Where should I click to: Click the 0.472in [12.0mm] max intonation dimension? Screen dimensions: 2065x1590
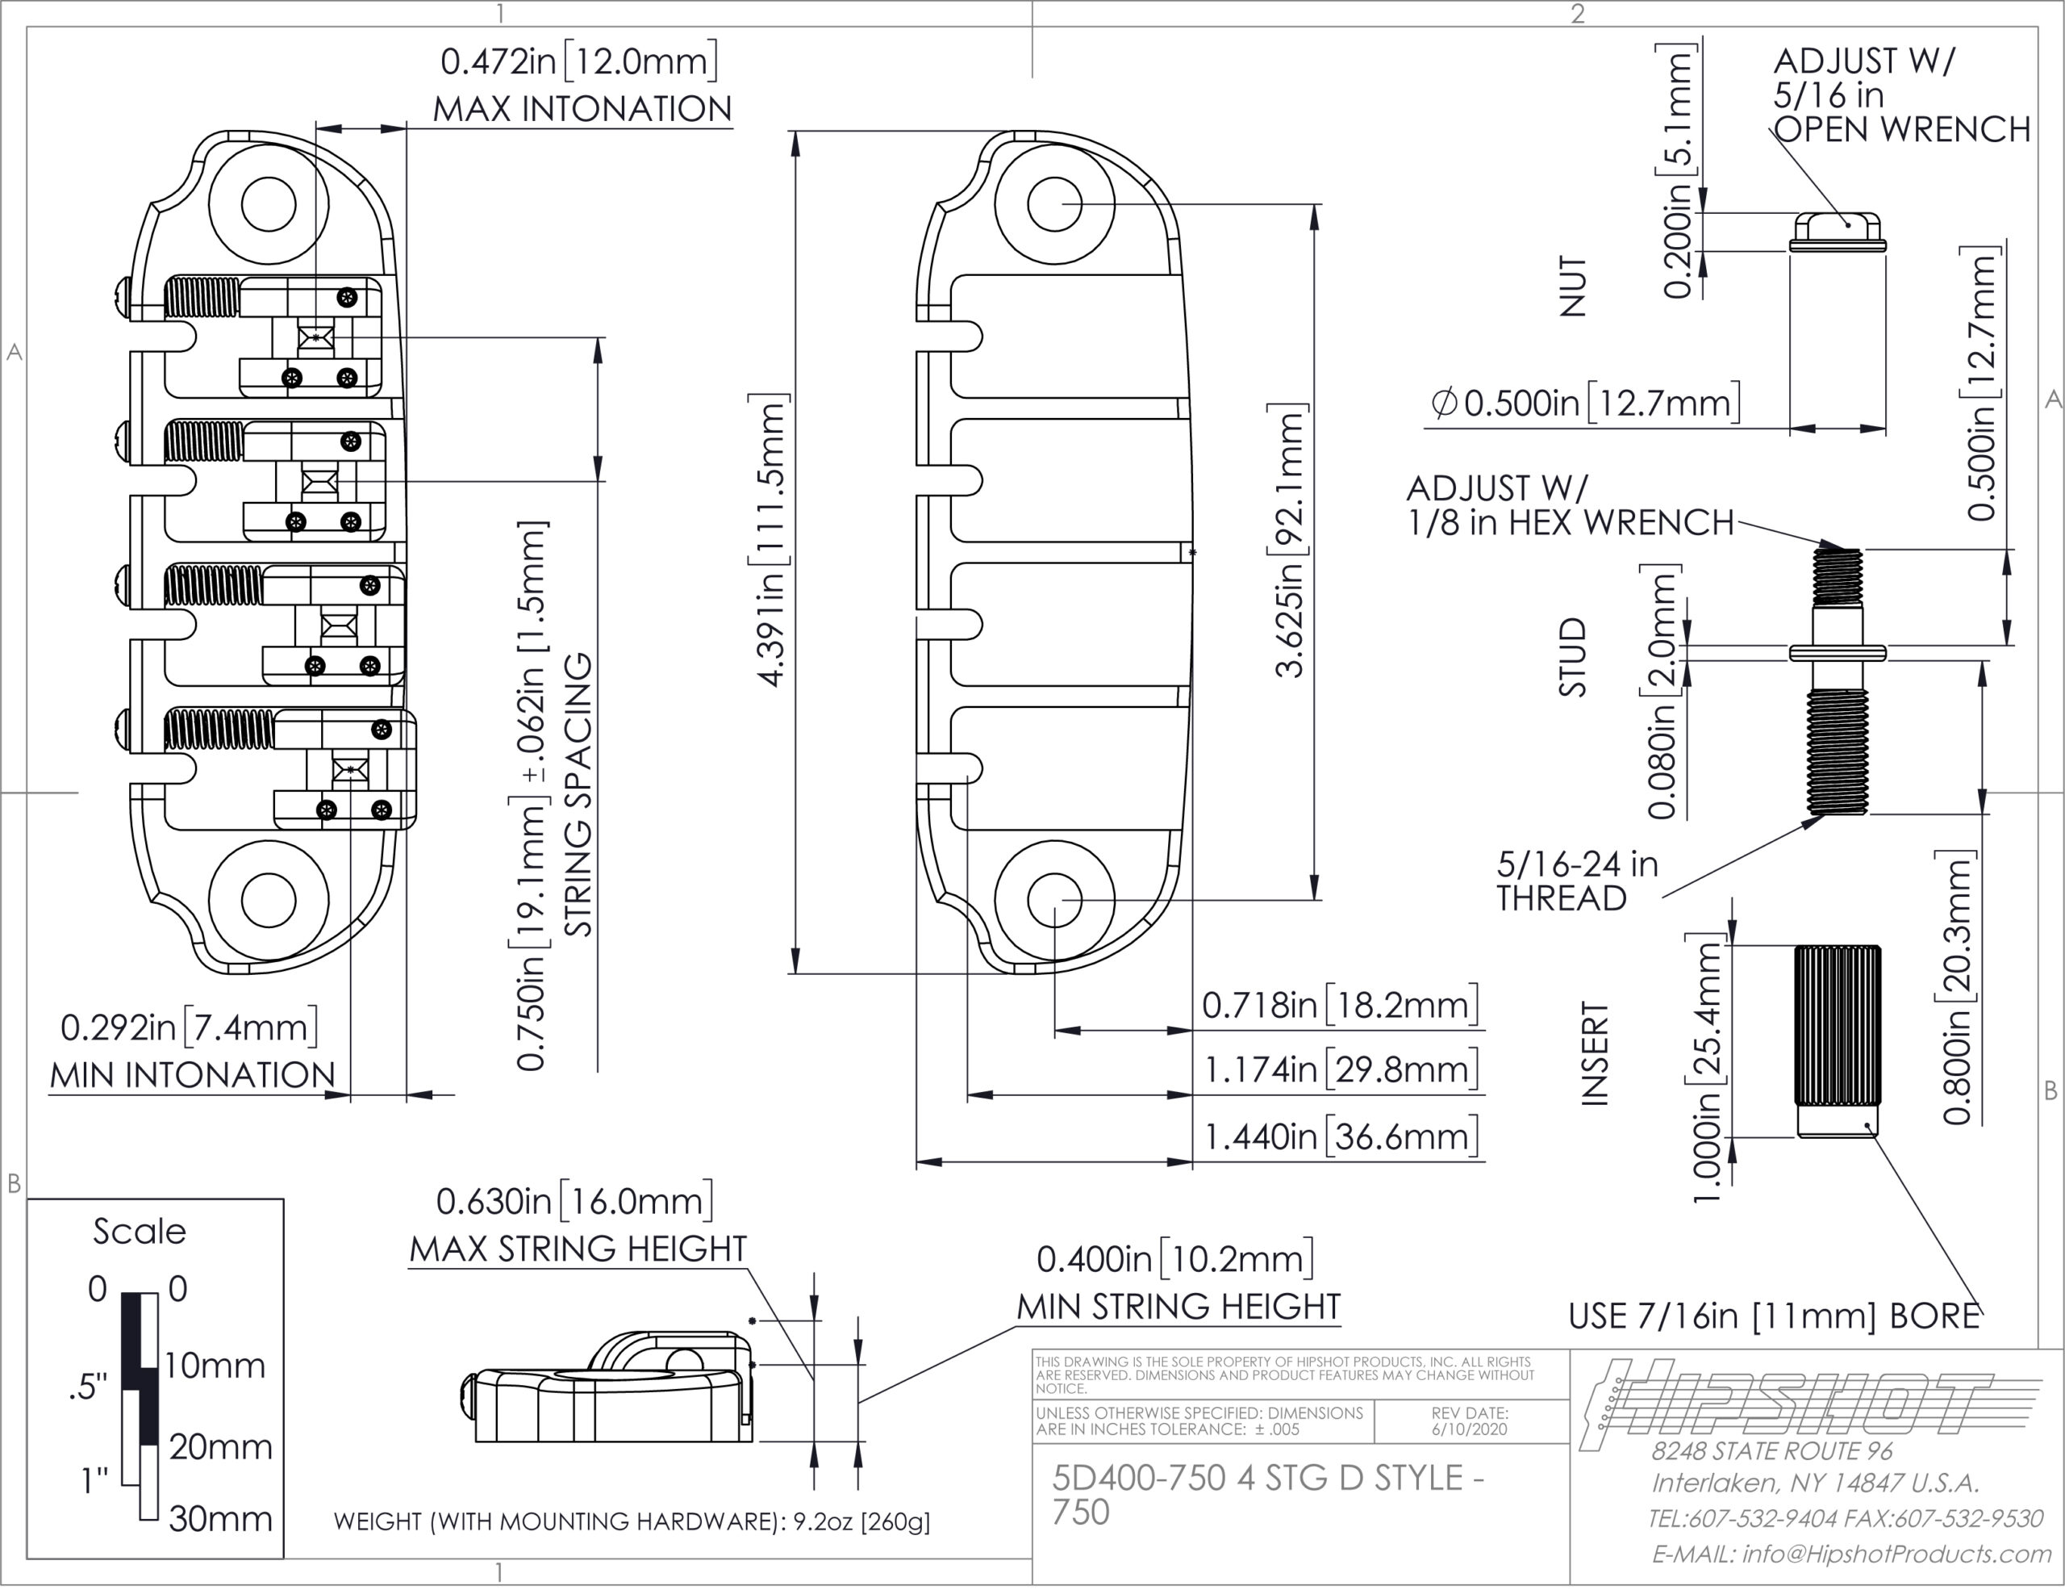[578, 61]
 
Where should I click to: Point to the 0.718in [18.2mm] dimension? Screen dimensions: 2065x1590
[1340, 1005]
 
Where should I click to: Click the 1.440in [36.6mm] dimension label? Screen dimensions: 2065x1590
[1340, 1136]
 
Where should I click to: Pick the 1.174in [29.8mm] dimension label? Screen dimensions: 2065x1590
[1340, 1069]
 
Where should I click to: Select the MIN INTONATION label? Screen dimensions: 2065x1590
[192, 1075]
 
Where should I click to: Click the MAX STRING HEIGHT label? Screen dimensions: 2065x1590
[578, 1249]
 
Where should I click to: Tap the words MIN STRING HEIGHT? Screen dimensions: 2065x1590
[1179, 1308]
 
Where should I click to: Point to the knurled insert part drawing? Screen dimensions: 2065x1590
[1838, 1040]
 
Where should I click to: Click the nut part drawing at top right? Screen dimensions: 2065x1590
[1838, 232]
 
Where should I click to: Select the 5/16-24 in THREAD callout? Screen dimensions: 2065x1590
[1577, 881]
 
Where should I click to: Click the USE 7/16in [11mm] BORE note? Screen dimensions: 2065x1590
[1774, 1316]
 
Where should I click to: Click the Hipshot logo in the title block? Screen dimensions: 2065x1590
[1787, 1402]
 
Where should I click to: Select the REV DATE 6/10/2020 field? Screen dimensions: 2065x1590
[1471, 1421]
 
